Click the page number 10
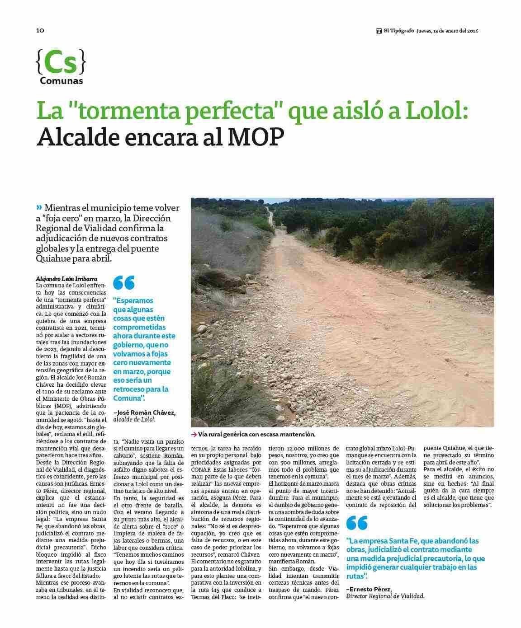[x=40, y=31]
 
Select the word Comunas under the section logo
[x=61, y=81]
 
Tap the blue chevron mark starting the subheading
[x=39, y=207]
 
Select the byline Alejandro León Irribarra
[x=66, y=279]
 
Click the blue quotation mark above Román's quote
[x=123, y=283]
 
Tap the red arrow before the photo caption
[x=194, y=434]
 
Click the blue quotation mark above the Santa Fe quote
[x=357, y=523]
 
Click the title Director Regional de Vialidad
[x=385, y=596]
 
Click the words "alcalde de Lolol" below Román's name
[x=134, y=419]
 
